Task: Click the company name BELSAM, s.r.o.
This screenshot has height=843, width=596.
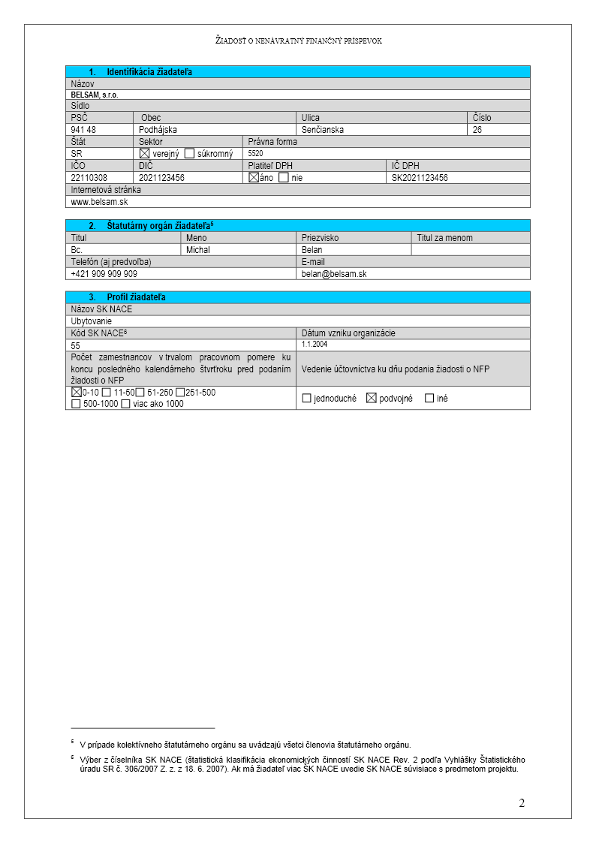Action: tap(95, 95)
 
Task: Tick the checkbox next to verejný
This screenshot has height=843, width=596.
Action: tap(145, 153)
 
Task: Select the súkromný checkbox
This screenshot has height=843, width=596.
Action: tap(189, 153)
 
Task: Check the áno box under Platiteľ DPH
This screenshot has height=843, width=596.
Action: tap(254, 177)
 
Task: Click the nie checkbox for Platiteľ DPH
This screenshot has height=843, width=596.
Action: tap(283, 177)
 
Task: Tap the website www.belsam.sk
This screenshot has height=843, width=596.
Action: tap(99, 202)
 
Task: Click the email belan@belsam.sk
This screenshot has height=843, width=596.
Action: tap(334, 274)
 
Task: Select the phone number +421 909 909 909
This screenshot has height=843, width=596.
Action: tap(104, 274)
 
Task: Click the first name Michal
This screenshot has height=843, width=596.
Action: tap(198, 250)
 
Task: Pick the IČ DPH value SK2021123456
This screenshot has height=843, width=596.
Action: tap(420, 178)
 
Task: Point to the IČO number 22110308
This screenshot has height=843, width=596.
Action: tap(89, 178)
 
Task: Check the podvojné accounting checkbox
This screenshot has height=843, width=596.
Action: tap(371, 398)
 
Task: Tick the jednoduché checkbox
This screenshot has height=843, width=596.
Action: tap(306, 398)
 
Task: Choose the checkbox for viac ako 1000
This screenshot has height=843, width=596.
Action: tap(125, 404)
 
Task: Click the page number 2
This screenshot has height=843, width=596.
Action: tap(522, 804)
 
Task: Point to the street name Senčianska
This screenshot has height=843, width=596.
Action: tap(323, 130)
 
